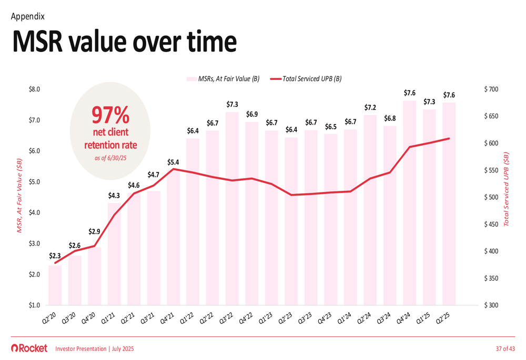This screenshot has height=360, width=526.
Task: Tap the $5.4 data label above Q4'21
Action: [174, 162]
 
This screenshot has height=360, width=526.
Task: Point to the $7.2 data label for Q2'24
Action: [370, 107]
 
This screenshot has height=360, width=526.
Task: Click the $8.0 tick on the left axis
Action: [35, 89]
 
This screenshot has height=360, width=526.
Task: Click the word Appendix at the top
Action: [27, 16]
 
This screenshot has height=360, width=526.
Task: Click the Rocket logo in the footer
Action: [29, 348]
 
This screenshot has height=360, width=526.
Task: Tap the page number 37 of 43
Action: [505, 348]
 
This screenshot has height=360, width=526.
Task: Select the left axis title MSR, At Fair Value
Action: [20, 194]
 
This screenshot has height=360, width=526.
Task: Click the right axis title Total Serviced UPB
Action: [507, 189]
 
